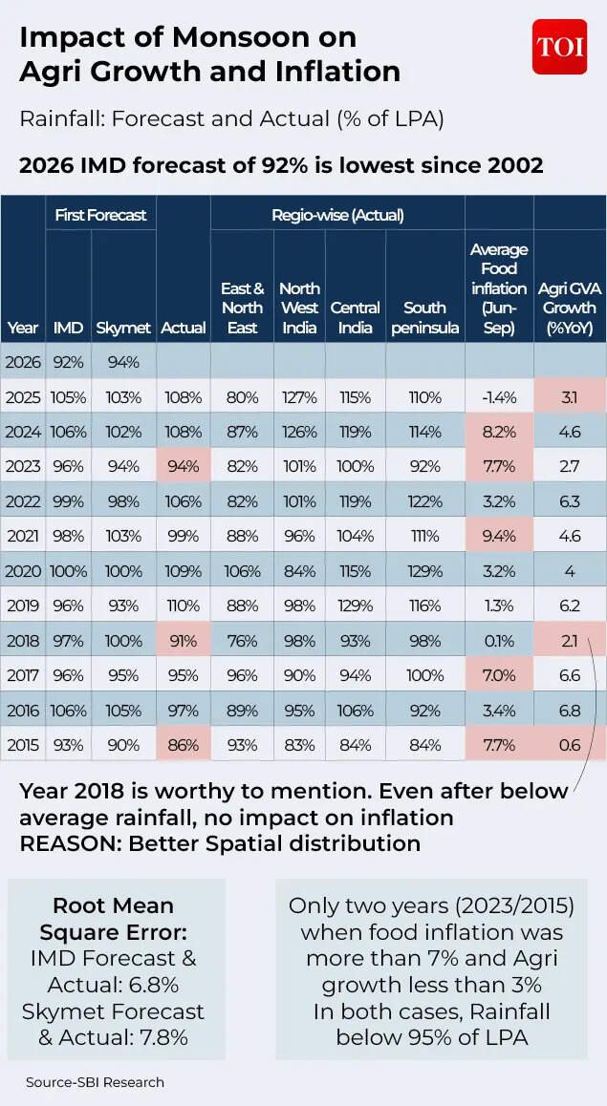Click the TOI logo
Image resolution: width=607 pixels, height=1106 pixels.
tap(559, 46)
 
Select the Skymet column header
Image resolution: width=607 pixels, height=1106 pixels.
tap(123, 328)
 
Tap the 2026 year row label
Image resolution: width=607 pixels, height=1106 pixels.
tap(23, 362)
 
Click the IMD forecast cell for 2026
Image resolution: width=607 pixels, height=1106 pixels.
tap(68, 362)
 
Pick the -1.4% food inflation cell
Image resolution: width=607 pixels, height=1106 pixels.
tap(499, 397)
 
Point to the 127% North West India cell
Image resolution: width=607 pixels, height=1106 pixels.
tap(299, 397)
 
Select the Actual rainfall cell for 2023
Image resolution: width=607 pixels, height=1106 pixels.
tap(183, 466)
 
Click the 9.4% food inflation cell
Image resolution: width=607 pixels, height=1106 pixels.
tap(499, 536)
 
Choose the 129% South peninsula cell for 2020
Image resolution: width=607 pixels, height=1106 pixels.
tap(424, 571)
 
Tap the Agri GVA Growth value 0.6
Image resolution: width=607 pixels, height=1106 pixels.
tap(570, 745)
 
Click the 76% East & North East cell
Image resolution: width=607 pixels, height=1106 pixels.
tap(242, 641)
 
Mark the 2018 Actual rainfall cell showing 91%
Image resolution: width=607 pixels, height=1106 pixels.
tap(183, 641)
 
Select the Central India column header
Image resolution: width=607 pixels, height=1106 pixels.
tap(356, 308)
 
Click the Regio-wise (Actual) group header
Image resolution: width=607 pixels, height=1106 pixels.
tap(337, 215)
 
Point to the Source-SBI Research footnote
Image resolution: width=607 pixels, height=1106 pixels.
tap(95, 1082)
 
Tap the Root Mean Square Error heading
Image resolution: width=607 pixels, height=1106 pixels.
tap(113, 918)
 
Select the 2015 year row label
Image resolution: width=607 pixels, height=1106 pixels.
tap(23, 745)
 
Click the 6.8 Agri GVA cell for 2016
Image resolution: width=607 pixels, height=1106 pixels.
tap(570, 711)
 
